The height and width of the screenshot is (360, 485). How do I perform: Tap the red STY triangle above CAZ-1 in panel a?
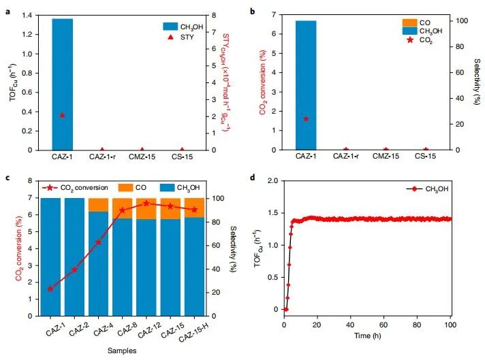63,115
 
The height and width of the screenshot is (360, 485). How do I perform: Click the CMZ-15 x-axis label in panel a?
142,158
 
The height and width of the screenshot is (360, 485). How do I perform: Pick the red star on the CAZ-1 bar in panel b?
306,118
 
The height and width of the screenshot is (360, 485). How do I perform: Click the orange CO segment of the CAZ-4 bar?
98,205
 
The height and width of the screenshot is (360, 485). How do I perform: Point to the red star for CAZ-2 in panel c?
74,269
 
